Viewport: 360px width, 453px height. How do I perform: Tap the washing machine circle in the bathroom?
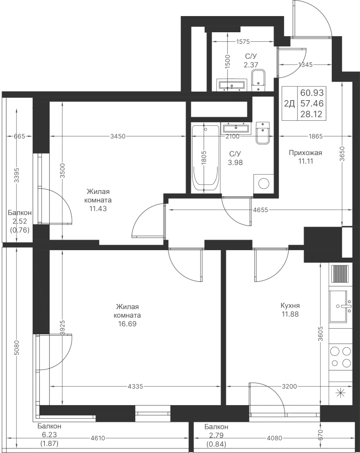(263, 183)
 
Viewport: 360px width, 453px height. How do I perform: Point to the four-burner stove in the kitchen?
(340, 357)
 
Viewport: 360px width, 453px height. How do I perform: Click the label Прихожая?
(305, 153)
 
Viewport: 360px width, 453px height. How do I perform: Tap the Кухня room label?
(291, 306)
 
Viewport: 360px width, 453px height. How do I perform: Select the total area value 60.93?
(313, 93)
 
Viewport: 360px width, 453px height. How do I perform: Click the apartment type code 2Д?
(289, 104)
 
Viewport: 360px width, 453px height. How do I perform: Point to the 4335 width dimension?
(136, 387)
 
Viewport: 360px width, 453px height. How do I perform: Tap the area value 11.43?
(98, 208)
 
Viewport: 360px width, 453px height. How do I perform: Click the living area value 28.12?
(313, 114)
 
